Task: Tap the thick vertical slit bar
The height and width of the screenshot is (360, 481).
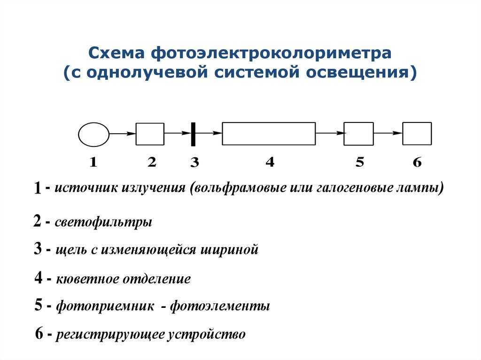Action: pos(193,134)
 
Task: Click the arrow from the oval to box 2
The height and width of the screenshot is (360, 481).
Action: pos(123,134)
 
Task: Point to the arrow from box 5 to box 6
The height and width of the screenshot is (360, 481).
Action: pos(388,133)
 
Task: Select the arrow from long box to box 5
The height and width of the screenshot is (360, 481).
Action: pos(330,133)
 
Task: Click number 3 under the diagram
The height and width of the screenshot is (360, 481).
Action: pos(194,162)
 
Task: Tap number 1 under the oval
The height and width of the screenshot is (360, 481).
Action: pos(93,161)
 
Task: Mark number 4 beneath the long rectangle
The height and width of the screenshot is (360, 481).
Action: pos(270,161)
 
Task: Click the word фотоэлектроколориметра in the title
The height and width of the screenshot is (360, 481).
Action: pos(271,53)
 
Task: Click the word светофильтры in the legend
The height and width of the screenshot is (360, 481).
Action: pos(103,222)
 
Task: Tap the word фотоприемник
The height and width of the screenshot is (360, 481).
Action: pos(105,306)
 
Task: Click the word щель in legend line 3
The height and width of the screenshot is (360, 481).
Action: pos(71,250)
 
